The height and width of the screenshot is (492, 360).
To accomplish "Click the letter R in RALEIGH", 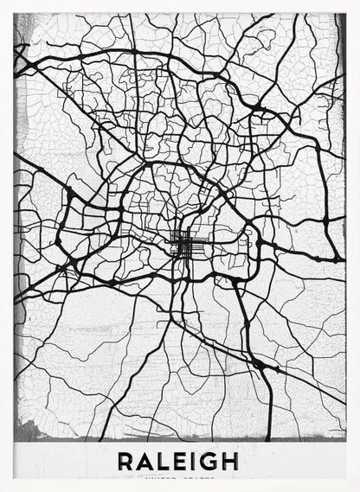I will pos(126,461).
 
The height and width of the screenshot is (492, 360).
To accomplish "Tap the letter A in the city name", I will pos(145,461).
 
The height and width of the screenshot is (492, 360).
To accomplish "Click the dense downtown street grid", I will pos(184,244).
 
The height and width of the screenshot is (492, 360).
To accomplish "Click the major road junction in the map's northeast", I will pos(257,107).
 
